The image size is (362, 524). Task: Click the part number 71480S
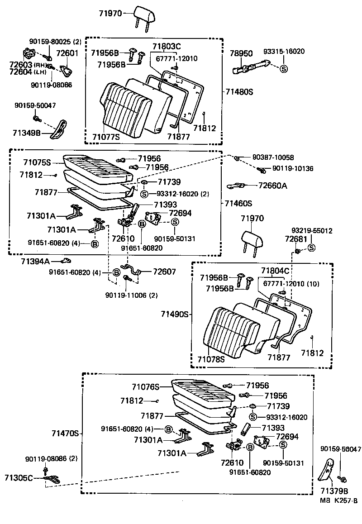point(239,91)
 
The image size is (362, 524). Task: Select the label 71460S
point(238,204)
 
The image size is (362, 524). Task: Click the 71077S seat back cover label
point(106,136)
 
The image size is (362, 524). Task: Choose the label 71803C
point(167,46)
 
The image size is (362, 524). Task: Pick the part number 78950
point(242,53)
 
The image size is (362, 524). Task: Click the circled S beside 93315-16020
point(284,69)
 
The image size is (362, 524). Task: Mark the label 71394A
point(35,261)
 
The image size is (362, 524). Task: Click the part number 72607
point(164,272)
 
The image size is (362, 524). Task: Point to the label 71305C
point(19,478)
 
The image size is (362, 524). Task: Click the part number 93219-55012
point(312,230)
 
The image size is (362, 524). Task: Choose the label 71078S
point(211,359)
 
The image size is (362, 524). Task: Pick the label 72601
point(67,53)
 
